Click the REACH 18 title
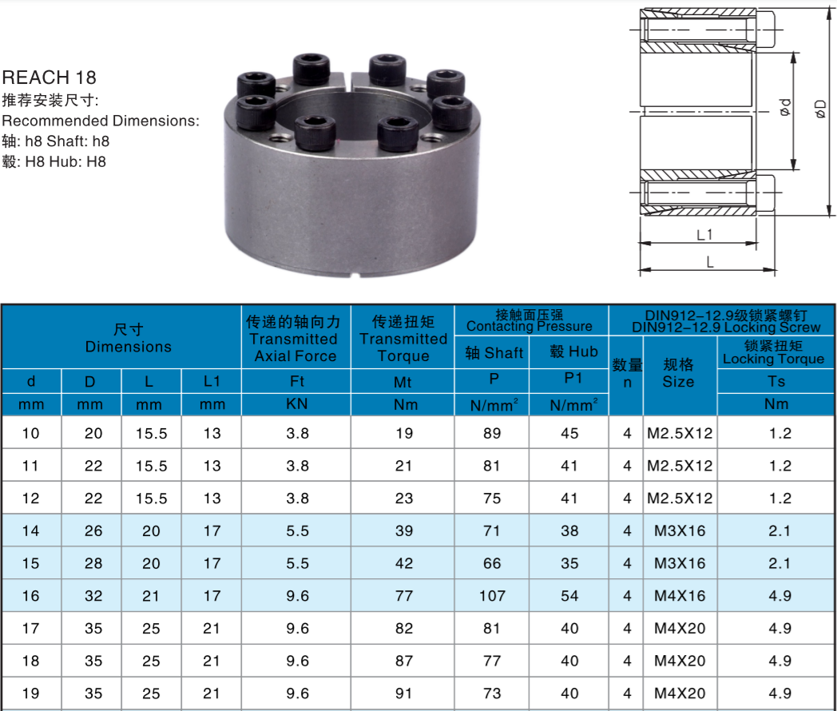tap(49, 77)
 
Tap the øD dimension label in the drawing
tap(820, 109)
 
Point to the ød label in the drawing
tap(785, 107)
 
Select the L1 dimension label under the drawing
tap(704, 235)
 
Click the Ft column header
tap(297, 381)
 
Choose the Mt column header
tap(403, 382)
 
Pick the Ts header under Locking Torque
tap(776, 382)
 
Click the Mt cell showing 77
tap(404, 596)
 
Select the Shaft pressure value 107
tap(492, 596)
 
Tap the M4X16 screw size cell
tap(680, 596)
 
